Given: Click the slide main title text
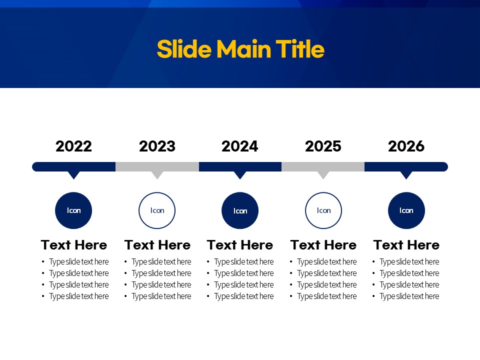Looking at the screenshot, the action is (x=240, y=49).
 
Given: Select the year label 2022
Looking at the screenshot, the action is (x=74, y=146).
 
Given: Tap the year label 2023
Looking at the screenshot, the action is (x=157, y=146).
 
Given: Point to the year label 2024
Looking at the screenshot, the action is (x=240, y=146).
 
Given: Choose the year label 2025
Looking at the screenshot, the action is (x=323, y=146).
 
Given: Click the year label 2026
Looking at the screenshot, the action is (x=406, y=146).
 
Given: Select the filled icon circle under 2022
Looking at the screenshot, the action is (x=73, y=210).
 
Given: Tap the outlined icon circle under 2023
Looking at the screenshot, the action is (x=157, y=193).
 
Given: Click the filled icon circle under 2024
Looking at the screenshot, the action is (x=240, y=210).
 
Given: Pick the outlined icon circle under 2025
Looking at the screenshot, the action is (x=323, y=193).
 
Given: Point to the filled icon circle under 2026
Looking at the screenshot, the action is (x=406, y=210).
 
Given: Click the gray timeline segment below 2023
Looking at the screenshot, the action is (x=157, y=167).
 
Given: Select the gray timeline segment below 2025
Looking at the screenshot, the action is (x=323, y=167).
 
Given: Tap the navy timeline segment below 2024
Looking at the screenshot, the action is (x=240, y=167).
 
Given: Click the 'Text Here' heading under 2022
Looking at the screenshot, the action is (x=74, y=245).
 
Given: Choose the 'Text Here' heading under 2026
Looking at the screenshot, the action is (x=406, y=245).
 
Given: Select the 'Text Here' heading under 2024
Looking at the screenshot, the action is (x=240, y=245).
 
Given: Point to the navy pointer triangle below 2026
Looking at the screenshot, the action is (x=406, y=175).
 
